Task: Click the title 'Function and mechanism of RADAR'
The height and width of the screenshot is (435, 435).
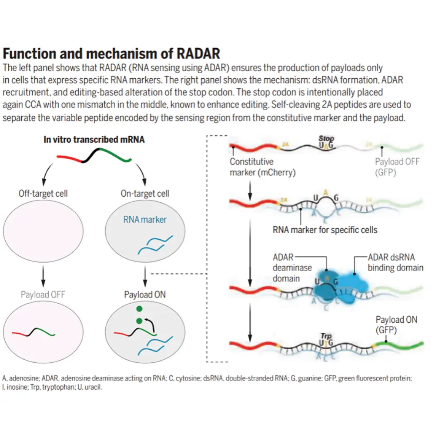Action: [x=111, y=54]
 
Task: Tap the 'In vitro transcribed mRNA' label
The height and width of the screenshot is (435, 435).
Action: [x=94, y=139]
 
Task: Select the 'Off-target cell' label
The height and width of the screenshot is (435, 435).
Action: [x=43, y=194]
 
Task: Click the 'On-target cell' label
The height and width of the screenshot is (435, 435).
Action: [x=145, y=194]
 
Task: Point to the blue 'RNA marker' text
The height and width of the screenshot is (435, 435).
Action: [x=144, y=220]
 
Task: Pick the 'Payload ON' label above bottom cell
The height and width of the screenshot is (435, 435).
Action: [x=145, y=294]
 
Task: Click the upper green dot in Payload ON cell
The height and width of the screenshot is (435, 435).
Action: [x=139, y=309]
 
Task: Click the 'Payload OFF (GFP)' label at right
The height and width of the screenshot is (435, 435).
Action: [x=397, y=167]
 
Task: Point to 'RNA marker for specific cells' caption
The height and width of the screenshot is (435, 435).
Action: [x=325, y=229]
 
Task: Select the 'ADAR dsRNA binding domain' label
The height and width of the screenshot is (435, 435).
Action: [x=395, y=262]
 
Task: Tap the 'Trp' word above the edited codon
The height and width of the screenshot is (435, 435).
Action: [x=326, y=336]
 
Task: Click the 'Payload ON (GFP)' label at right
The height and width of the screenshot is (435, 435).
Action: [x=396, y=325]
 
